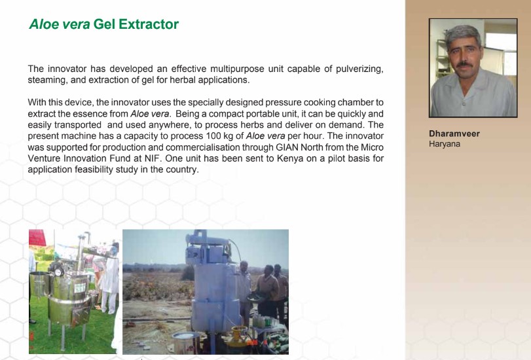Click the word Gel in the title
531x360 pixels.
coord(104,24)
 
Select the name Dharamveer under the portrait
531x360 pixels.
coord(454,134)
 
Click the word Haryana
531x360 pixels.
coord(445,144)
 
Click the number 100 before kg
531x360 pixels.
coord(213,136)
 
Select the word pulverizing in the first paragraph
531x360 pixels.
coord(359,69)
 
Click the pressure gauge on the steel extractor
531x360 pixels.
coord(58,271)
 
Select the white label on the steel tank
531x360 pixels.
coord(80,288)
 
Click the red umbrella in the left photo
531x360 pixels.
coord(37,238)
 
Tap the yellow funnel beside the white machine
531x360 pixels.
coord(240,333)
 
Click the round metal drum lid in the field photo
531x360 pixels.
coord(185,335)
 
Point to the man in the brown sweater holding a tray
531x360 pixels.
coord(268,289)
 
